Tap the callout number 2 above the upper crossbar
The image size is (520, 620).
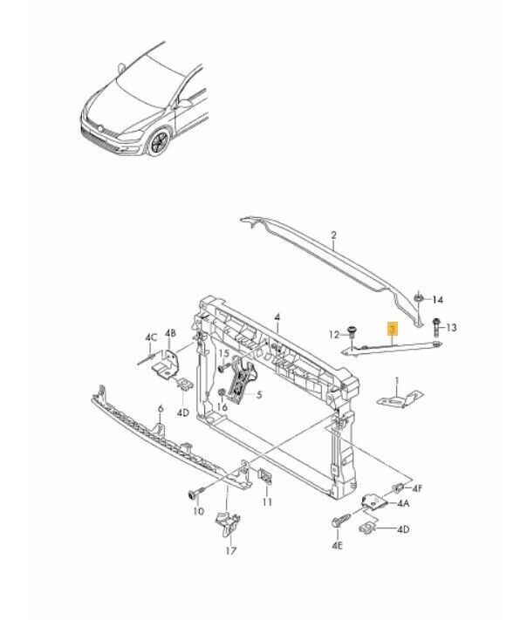(333, 235)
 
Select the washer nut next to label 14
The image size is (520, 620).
(419, 300)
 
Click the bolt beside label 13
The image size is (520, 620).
(434, 328)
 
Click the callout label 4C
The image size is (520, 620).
(150, 337)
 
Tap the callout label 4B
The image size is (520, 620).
(171, 333)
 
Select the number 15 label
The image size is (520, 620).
(222, 353)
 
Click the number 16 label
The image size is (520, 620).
(222, 406)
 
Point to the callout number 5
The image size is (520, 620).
(259, 393)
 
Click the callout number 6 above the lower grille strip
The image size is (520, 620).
(160, 408)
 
